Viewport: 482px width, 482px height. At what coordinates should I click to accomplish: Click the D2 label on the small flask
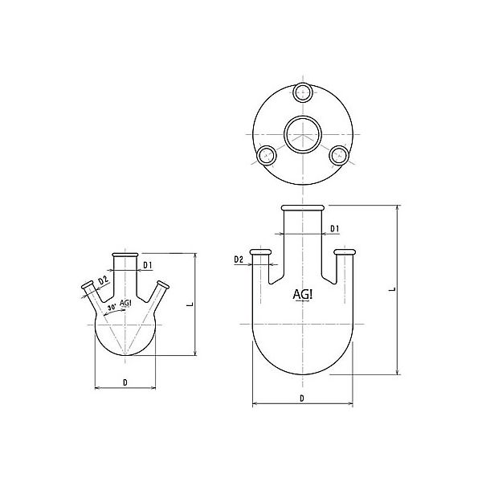coord(103,280)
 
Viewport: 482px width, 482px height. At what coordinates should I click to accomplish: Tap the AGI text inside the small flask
coord(125,303)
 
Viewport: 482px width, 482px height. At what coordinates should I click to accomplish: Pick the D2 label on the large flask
coord(239,259)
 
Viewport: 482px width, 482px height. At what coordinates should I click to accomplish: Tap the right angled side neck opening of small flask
coord(165,284)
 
